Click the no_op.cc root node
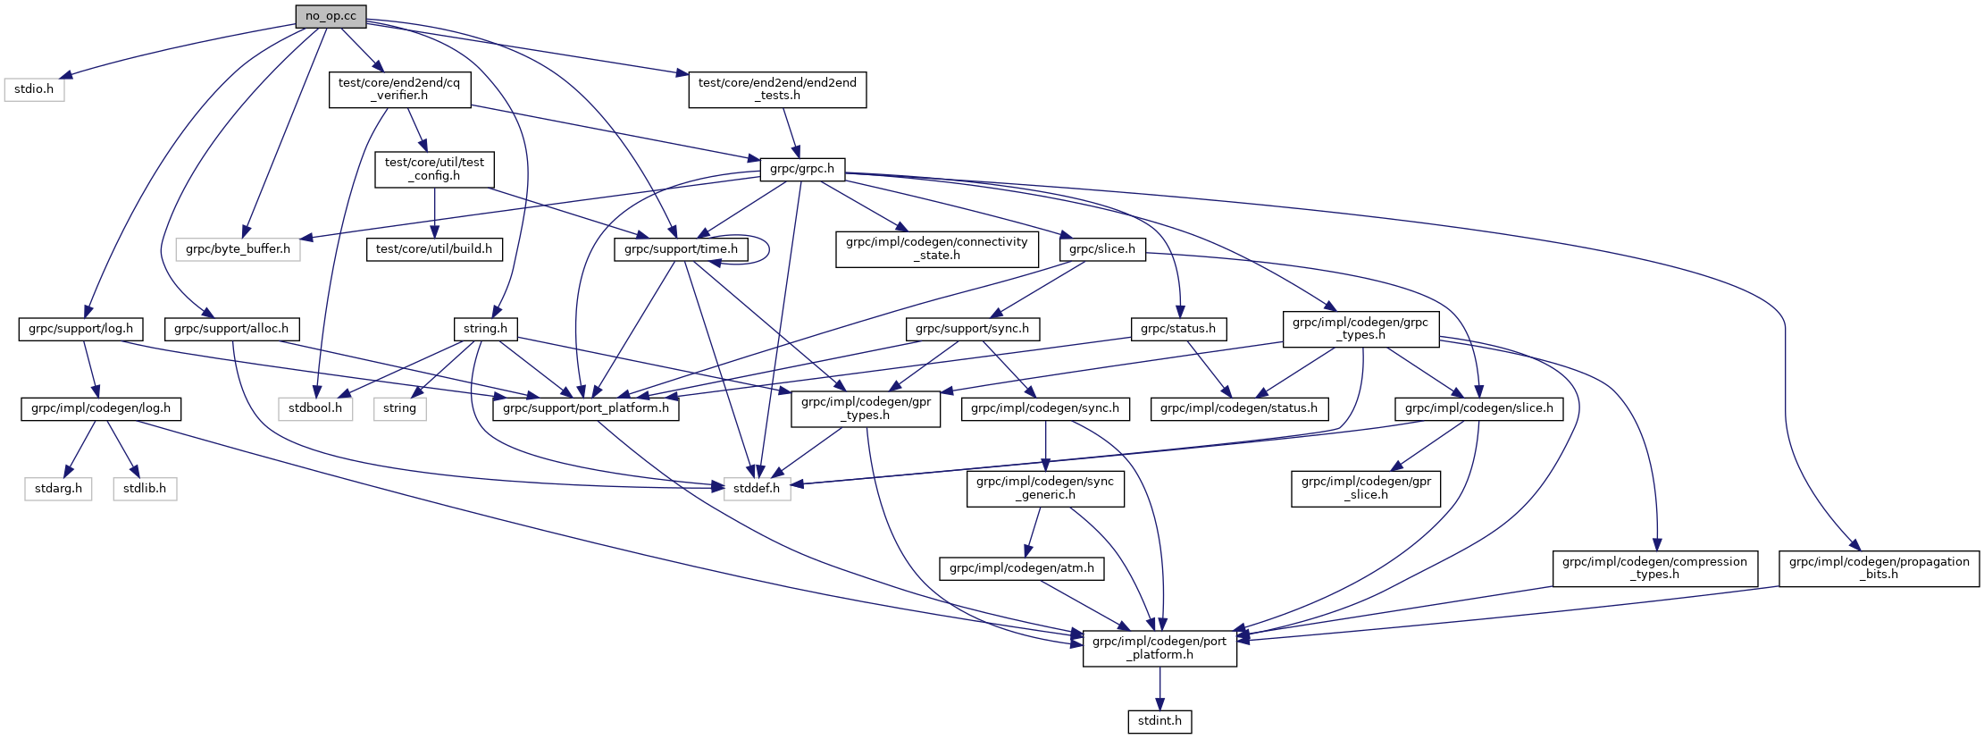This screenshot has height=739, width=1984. click(331, 16)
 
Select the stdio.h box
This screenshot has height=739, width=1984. click(34, 89)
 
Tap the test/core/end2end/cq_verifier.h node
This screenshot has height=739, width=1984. click(399, 89)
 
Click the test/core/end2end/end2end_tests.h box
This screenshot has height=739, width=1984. click(777, 89)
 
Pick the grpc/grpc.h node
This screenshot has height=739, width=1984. click(802, 169)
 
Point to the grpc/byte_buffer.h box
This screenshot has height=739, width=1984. click(238, 249)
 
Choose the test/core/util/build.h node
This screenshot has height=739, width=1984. click(434, 249)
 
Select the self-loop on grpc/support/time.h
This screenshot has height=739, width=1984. click(767, 249)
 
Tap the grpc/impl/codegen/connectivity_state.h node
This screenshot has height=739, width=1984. click(937, 248)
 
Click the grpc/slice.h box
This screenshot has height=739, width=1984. click(1102, 249)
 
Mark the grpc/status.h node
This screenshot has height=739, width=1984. click(1178, 329)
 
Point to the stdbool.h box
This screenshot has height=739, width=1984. click(314, 408)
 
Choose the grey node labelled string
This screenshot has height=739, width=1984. click(399, 408)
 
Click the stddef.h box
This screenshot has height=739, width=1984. click(757, 489)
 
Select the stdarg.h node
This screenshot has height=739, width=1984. click(58, 489)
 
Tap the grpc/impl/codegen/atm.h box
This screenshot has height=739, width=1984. click(1021, 568)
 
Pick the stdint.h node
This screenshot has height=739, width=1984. click(1159, 721)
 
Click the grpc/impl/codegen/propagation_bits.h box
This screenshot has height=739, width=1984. click(1879, 568)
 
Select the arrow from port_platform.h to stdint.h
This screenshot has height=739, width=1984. click(1159, 688)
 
